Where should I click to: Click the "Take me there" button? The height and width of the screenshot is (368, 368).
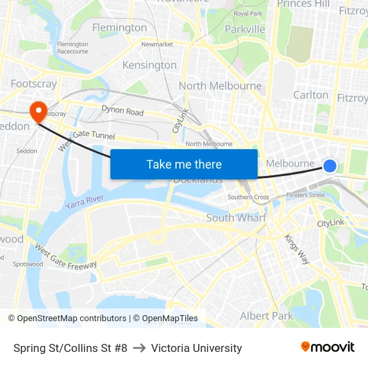(x=184, y=165)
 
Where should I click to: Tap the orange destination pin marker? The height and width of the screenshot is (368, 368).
(x=37, y=110)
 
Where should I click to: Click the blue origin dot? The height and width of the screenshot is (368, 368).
(x=330, y=165)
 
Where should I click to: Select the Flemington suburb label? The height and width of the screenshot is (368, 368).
(x=119, y=27)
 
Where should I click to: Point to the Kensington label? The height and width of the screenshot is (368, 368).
(x=149, y=65)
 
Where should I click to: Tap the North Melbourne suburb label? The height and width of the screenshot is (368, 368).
(x=220, y=86)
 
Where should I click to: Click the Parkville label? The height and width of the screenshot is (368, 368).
(x=245, y=29)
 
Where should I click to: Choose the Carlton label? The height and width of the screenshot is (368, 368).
(x=310, y=95)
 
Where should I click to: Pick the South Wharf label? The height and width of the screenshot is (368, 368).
(x=236, y=217)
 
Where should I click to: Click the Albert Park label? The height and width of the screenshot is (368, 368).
(x=266, y=316)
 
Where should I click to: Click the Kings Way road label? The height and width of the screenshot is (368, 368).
(x=296, y=247)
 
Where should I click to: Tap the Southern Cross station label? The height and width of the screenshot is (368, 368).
(x=248, y=197)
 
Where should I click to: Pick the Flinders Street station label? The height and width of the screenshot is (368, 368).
(x=305, y=195)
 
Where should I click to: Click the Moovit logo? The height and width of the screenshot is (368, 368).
(x=328, y=347)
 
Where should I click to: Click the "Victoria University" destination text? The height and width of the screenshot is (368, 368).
(x=196, y=348)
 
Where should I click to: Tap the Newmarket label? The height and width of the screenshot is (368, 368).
(x=157, y=44)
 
